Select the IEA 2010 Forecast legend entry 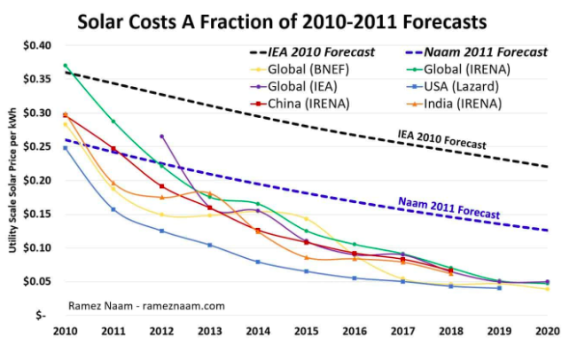click(312, 51)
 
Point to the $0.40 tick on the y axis click(37, 45)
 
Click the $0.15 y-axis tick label click(37, 214)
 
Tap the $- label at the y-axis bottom click(42, 315)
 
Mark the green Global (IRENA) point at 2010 click(66, 65)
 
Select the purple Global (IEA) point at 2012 click(161, 137)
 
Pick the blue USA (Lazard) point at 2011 click(113, 209)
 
